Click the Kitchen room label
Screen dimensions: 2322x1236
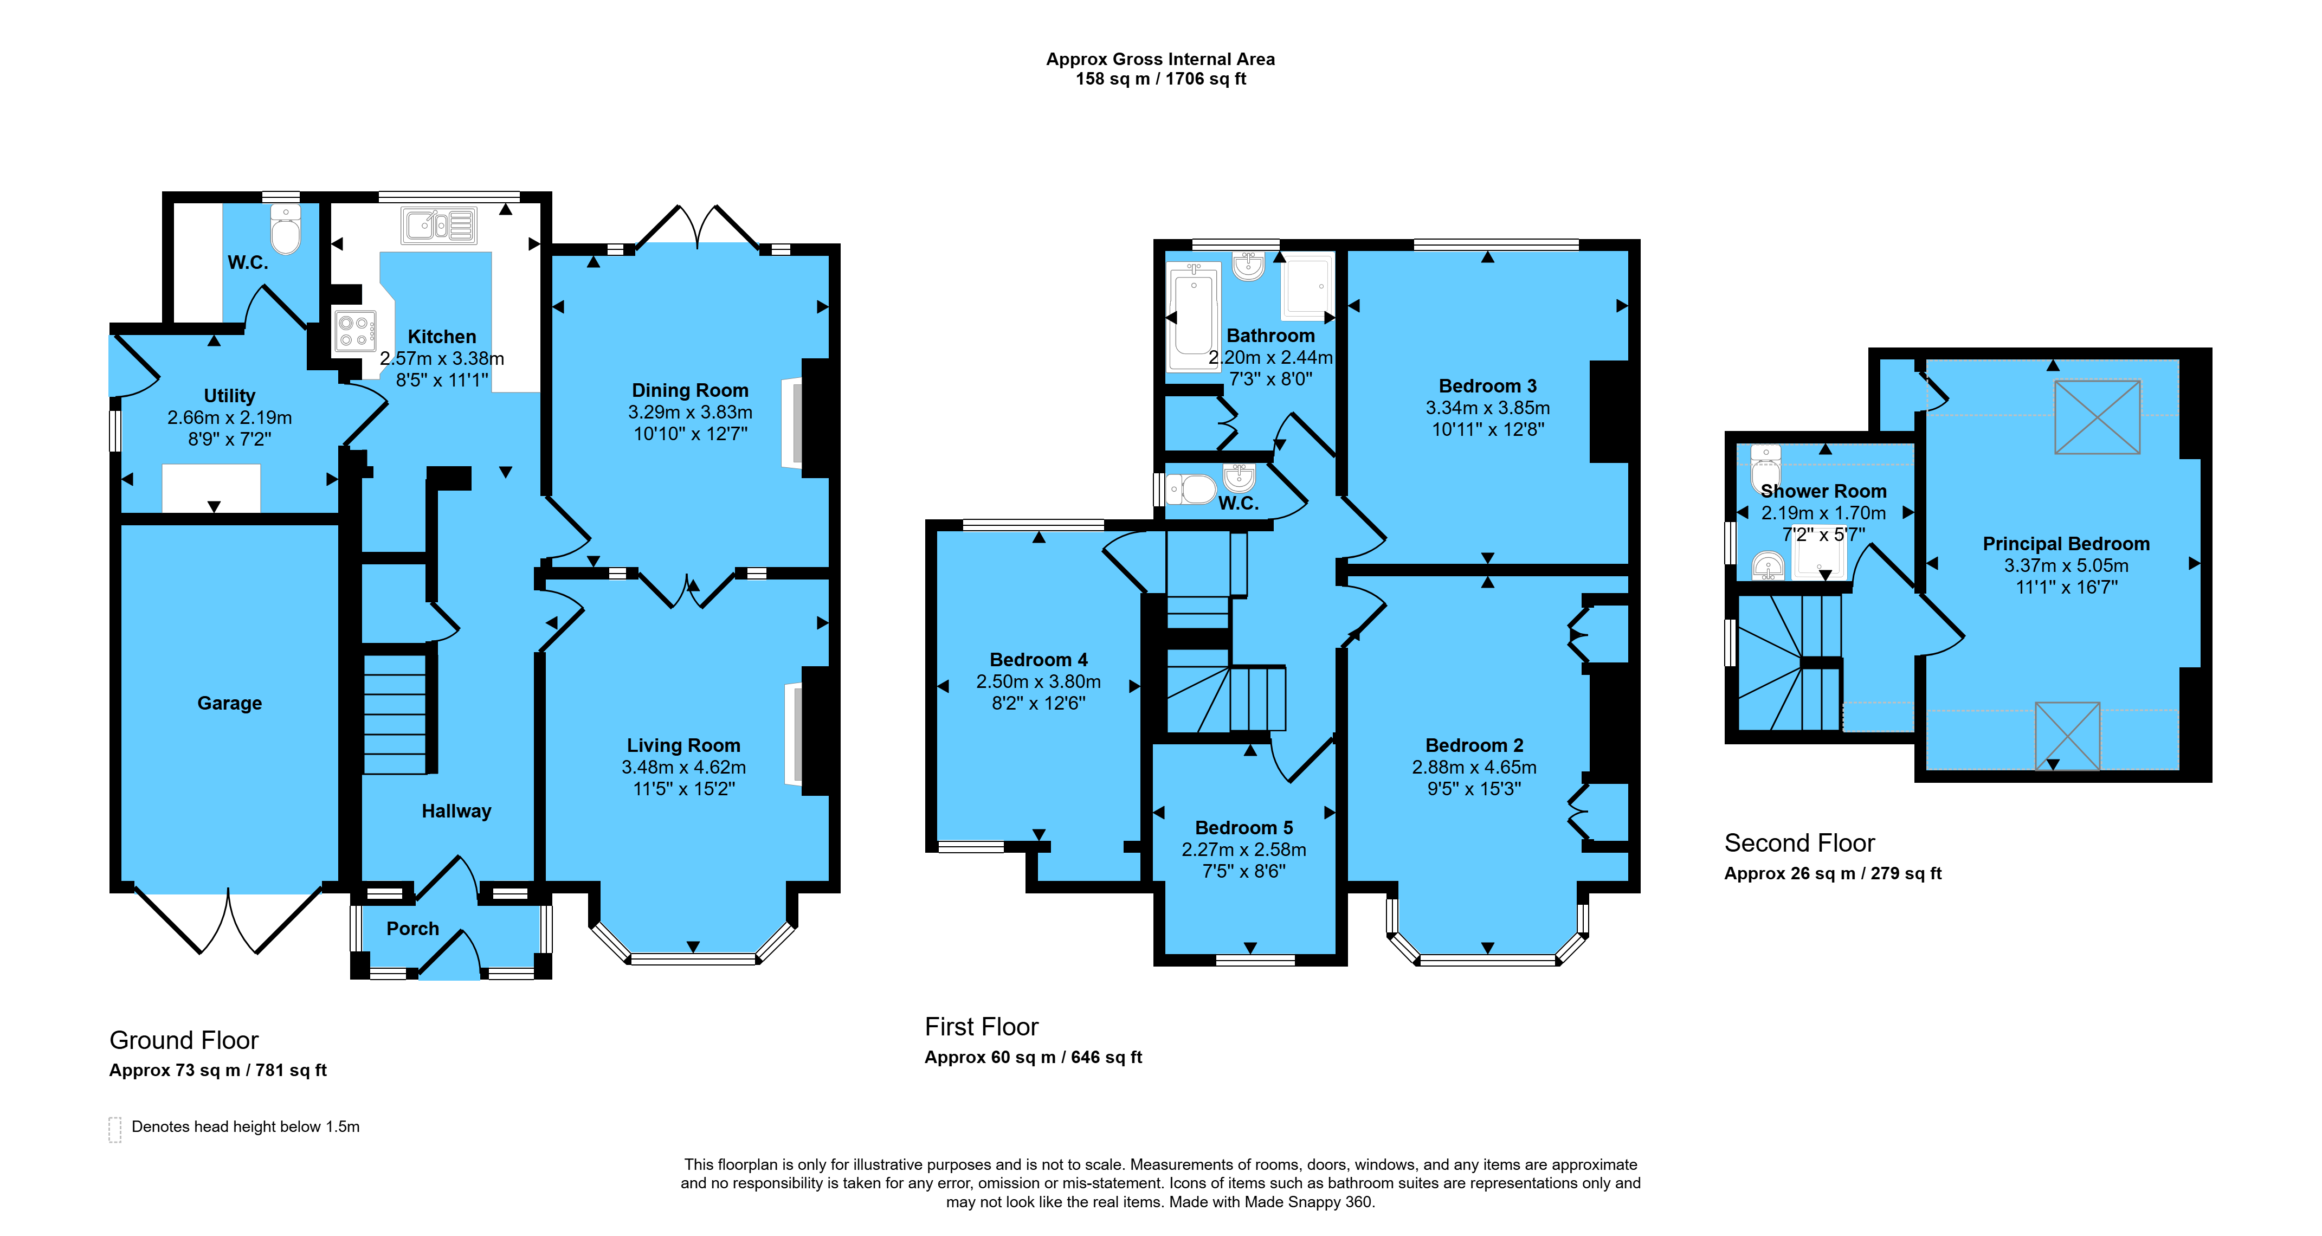click(x=442, y=336)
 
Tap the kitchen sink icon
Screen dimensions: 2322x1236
click(x=439, y=226)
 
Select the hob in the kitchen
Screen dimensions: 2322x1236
click(x=354, y=330)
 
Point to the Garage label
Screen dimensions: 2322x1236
click(x=230, y=703)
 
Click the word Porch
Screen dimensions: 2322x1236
click(x=413, y=929)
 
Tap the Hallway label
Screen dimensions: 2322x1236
click(x=457, y=812)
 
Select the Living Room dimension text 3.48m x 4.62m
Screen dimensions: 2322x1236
click(x=684, y=767)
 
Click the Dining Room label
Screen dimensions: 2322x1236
click(x=691, y=390)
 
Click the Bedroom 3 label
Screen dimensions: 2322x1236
click(x=1488, y=386)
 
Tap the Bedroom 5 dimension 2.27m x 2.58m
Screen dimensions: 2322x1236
click(x=1244, y=849)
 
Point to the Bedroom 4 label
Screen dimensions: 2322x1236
click(x=1039, y=660)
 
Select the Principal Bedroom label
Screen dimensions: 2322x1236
click(x=2067, y=544)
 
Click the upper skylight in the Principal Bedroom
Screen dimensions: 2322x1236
click(x=2098, y=416)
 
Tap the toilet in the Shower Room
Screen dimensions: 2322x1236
click(x=1765, y=467)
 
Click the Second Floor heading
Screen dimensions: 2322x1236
click(x=1799, y=843)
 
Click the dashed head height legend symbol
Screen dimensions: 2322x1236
click(x=114, y=1130)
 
